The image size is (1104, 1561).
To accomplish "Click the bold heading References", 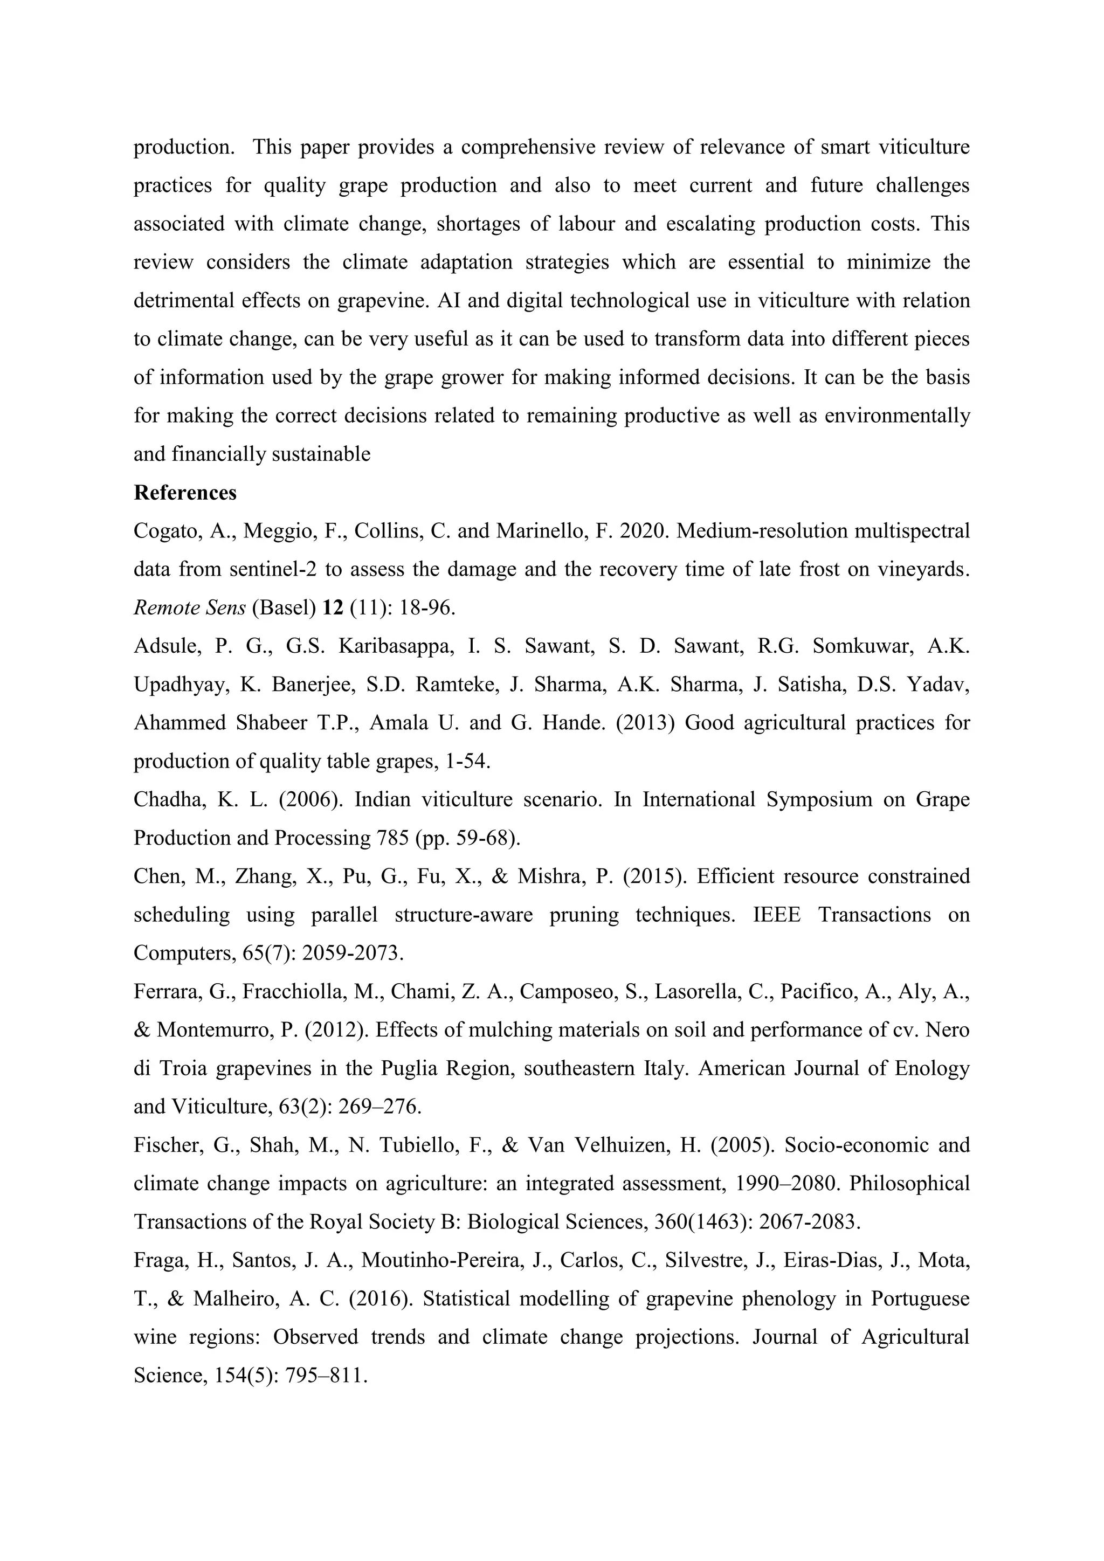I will [x=185, y=492].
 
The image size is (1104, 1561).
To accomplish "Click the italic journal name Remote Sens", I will [x=189, y=607].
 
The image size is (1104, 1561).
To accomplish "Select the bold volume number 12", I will [x=333, y=607].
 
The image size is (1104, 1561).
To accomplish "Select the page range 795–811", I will [x=329, y=1374].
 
